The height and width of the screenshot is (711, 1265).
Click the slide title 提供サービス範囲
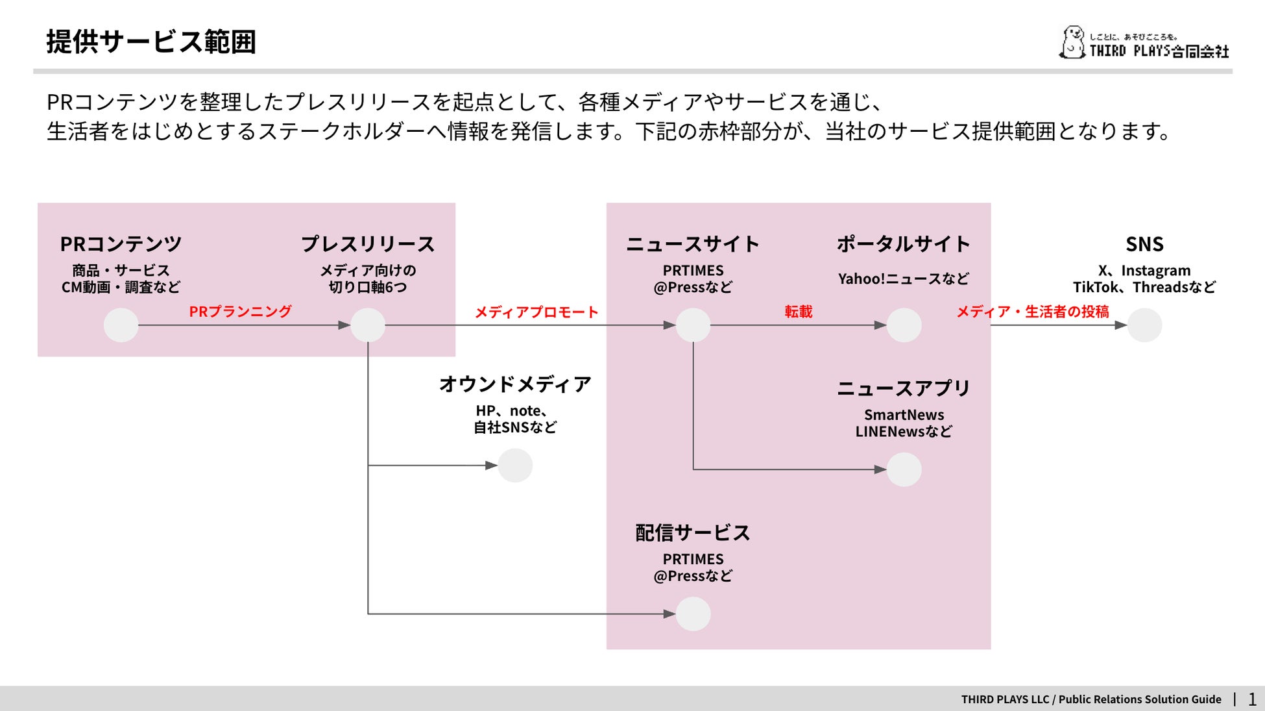151,42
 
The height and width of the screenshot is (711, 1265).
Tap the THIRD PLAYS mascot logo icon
1072,43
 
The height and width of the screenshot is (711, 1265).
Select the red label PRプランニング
240,312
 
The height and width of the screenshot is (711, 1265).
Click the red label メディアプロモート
536,312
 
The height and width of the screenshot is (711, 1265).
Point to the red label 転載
798,312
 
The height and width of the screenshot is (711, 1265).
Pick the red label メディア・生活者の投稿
1033,312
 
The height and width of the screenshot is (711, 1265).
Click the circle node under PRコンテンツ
121,325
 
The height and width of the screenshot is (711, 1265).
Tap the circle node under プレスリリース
368,325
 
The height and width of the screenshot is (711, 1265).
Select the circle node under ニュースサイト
693,325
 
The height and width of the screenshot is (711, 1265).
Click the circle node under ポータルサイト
904,325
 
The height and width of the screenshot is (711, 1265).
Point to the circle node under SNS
1144,325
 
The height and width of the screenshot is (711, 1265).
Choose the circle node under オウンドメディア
515,466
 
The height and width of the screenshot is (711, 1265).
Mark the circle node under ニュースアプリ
904,469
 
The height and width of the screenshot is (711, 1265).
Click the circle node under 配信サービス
693,614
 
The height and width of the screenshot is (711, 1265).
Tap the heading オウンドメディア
515,384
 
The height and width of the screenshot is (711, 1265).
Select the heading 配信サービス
693,533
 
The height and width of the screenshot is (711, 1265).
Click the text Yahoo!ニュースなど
904,279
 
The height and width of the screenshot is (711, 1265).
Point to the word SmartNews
904,415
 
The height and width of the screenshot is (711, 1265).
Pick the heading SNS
1144,244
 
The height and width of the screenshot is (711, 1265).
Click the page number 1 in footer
1252,699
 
